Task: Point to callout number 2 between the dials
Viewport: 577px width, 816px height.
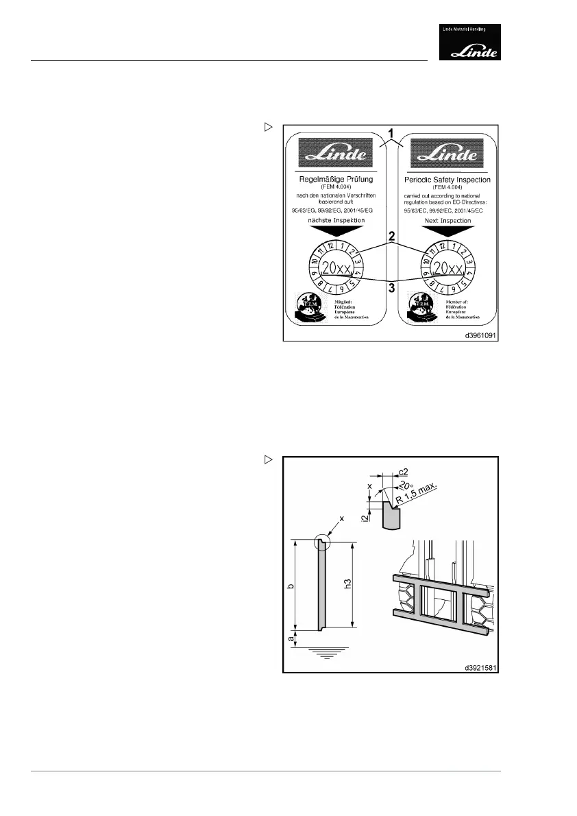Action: (391, 237)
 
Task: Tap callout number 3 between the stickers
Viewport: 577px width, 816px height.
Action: (391, 288)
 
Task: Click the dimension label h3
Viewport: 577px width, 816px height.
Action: (347, 584)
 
